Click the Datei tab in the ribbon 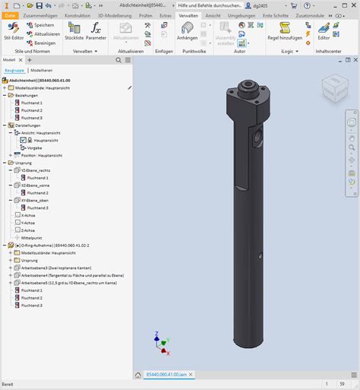click(x=10, y=14)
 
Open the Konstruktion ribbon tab click(x=77, y=14)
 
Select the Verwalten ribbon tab click(x=188, y=14)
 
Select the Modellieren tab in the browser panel click(x=42, y=69)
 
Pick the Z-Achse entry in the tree click(x=30, y=230)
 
